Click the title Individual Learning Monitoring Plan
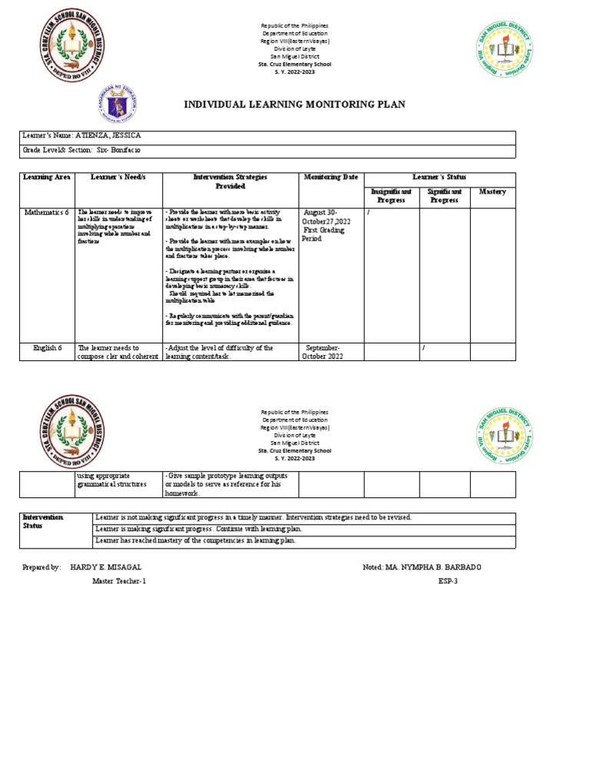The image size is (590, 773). [293, 105]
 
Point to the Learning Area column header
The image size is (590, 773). [47, 177]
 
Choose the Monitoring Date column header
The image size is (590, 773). [330, 177]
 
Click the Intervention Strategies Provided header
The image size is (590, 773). [230, 181]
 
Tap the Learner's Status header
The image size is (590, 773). [439, 177]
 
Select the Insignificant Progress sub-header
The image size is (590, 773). [391, 195]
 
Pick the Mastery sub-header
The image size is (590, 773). [492, 191]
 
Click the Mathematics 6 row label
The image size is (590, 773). [46, 211]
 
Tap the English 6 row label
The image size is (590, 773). [46, 348]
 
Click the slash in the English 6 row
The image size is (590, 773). [423, 349]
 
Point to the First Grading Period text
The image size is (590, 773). [324, 234]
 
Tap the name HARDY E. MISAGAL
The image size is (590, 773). [104, 566]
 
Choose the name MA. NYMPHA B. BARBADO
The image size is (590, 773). [443, 566]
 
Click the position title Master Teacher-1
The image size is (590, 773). [118, 581]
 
